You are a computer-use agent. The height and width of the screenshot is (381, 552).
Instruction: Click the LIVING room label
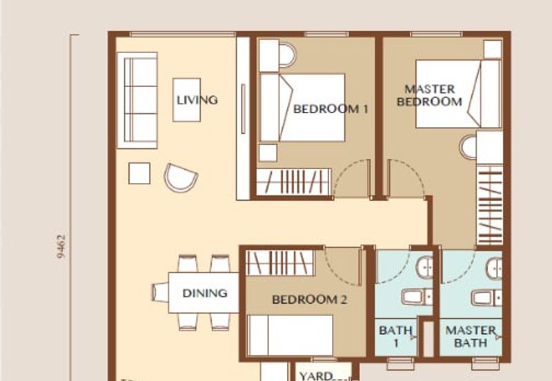pyautogui.click(x=197, y=99)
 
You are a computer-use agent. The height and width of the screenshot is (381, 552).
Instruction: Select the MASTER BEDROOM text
pyautogui.click(x=429, y=95)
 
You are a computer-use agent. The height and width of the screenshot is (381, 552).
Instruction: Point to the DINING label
pyautogui.click(x=205, y=293)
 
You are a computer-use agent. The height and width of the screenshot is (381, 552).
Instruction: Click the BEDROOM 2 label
pyautogui.click(x=309, y=300)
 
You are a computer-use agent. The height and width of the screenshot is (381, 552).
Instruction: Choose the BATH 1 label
pyautogui.click(x=395, y=336)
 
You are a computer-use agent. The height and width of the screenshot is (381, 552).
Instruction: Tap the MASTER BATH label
pyautogui.click(x=471, y=336)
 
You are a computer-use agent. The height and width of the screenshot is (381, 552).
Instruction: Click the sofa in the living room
pyautogui.click(x=137, y=99)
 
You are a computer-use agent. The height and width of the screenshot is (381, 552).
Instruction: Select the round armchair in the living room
pyautogui.click(x=181, y=177)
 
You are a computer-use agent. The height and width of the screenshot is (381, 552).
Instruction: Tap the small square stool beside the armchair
pyautogui.click(x=139, y=173)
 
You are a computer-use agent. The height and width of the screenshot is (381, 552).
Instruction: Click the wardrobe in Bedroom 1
pyautogui.click(x=294, y=182)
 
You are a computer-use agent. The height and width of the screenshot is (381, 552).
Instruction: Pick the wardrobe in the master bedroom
pyautogui.click(x=489, y=204)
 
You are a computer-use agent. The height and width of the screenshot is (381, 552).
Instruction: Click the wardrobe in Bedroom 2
pyautogui.click(x=280, y=263)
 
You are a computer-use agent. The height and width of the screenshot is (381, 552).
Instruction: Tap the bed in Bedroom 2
pyautogui.click(x=290, y=336)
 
